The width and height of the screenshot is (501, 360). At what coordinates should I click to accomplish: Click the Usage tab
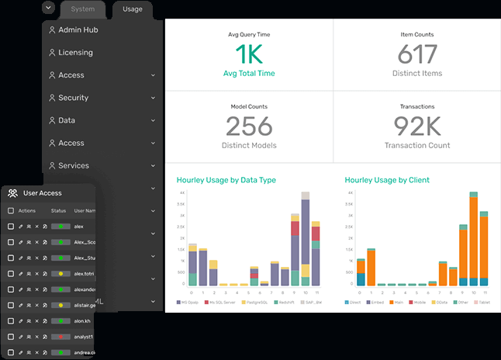click(132, 9)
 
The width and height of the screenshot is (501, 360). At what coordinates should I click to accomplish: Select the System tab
click(82, 9)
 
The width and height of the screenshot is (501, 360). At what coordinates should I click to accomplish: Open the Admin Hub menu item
click(78, 30)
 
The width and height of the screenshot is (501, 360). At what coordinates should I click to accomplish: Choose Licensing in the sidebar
click(75, 53)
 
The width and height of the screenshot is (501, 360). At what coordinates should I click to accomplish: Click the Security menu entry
click(73, 98)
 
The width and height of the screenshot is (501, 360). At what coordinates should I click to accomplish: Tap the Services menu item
click(73, 165)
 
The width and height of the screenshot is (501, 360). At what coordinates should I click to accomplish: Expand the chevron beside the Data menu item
click(154, 121)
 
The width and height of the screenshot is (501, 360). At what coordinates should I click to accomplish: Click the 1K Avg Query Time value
click(249, 54)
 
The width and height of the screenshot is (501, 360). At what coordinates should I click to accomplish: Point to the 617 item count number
click(416, 54)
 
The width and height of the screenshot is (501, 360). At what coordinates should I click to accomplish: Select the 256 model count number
click(249, 126)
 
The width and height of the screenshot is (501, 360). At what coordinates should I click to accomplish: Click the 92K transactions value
click(416, 126)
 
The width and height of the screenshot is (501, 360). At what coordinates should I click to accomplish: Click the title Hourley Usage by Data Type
click(226, 180)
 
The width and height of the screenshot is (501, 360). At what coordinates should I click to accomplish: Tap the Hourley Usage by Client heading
click(386, 180)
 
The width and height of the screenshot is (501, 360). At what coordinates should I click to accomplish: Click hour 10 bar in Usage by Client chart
click(473, 241)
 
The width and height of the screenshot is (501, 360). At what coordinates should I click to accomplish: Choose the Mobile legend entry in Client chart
click(420, 301)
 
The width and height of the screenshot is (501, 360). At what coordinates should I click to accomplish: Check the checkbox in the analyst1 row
click(10, 337)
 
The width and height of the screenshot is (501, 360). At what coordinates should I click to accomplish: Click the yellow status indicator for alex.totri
click(60, 274)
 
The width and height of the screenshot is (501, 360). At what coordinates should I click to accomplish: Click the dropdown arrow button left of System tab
click(49, 8)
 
